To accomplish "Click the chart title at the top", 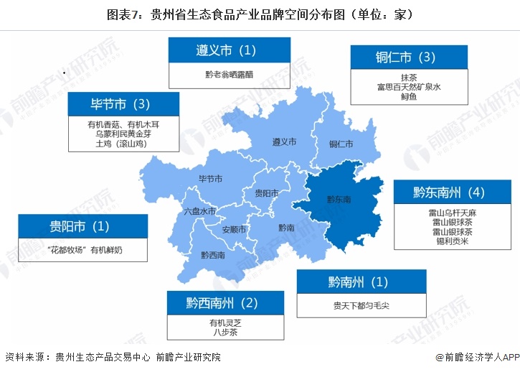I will click(260, 14).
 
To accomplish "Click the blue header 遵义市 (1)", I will click(229, 50).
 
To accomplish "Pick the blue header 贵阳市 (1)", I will click(82, 226).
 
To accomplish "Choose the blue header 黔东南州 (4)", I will click(448, 192).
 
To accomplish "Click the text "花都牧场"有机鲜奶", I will click(82, 249).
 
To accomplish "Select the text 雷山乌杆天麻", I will click(448, 213).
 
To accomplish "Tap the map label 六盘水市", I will click(199, 211).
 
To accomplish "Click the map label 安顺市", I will click(234, 230).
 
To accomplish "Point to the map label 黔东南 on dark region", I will click(339, 199).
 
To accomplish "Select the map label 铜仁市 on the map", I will click(341, 144).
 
